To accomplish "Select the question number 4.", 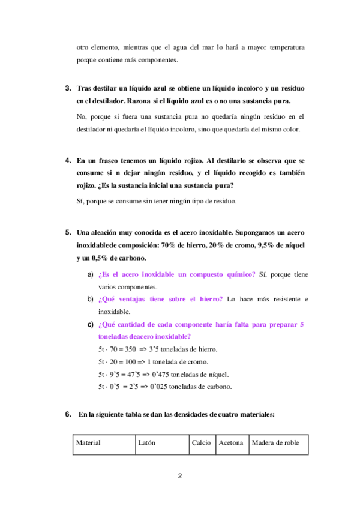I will (68, 161).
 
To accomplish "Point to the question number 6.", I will (68, 414).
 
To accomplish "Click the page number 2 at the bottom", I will (180, 477).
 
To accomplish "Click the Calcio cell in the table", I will (201, 443).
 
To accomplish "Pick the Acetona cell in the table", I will (231, 443).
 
